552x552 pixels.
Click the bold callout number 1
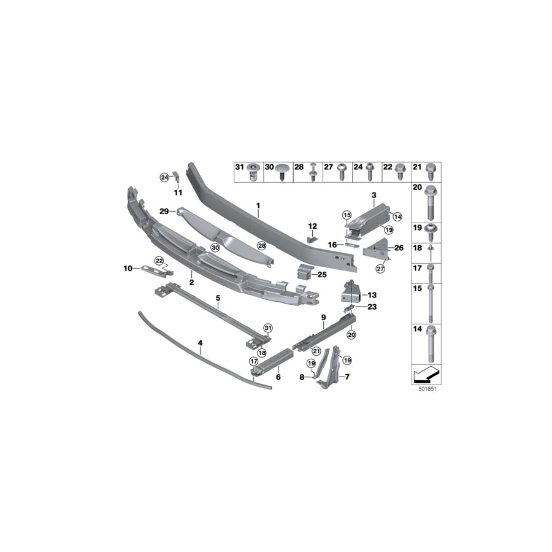pyautogui.click(x=258, y=205)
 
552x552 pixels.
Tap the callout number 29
pyautogui.click(x=164, y=211)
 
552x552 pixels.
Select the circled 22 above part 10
pyautogui.click(x=158, y=261)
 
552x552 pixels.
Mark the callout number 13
pyautogui.click(x=372, y=294)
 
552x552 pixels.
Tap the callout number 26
pyautogui.click(x=399, y=248)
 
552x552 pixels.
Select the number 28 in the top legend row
pyautogui.click(x=299, y=167)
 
